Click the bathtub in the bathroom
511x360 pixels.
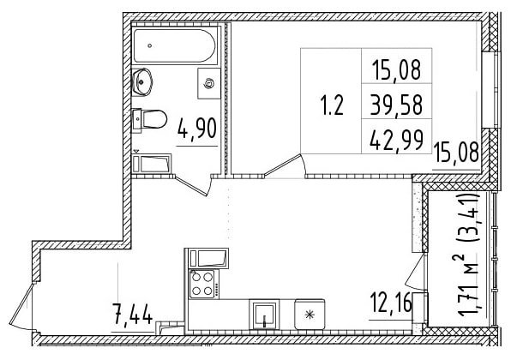(x=174, y=46)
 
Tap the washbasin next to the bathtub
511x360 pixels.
(x=141, y=81)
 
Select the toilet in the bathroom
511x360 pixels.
(x=149, y=119)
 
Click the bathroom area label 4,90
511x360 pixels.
(x=197, y=129)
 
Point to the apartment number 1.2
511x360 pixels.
(x=332, y=105)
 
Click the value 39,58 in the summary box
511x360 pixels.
(x=396, y=105)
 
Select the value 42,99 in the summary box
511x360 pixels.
(x=397, y=139)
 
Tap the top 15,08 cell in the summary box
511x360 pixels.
(x=396, y=69)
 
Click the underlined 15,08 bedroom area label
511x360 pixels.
(x=456, y=152)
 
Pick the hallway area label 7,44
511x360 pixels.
(x=132, y=314)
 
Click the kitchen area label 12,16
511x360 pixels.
(x=391, y=303)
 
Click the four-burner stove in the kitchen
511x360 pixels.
(x=202, y=284)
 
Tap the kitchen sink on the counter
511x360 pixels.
(x=264, y=315)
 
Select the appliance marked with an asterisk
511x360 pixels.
(x=310, y=315)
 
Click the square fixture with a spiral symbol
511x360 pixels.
(x=209, y=84)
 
